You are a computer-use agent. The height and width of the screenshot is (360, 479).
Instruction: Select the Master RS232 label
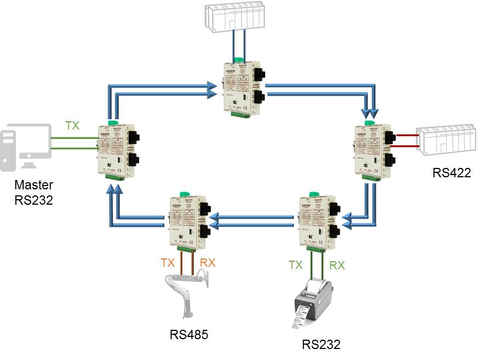tap(33, 193)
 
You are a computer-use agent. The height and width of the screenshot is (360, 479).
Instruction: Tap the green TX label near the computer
tap(72, 126)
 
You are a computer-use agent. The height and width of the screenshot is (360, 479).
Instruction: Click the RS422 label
tap(452, 173)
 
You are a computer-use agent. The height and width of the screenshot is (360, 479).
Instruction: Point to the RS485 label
tap(189, 334)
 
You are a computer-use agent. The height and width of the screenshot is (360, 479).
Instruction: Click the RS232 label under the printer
tap(321, 345)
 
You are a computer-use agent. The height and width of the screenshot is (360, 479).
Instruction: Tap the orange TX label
tap(168, 263)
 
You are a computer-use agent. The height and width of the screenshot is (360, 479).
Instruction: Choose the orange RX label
tap(207, 263)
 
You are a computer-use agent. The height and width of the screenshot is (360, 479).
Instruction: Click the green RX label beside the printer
tap(337, 265)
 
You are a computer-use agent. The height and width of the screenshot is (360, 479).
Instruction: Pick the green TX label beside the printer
tap(295, 265)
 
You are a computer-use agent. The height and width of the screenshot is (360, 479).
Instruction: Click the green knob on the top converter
tap(239, 60)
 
